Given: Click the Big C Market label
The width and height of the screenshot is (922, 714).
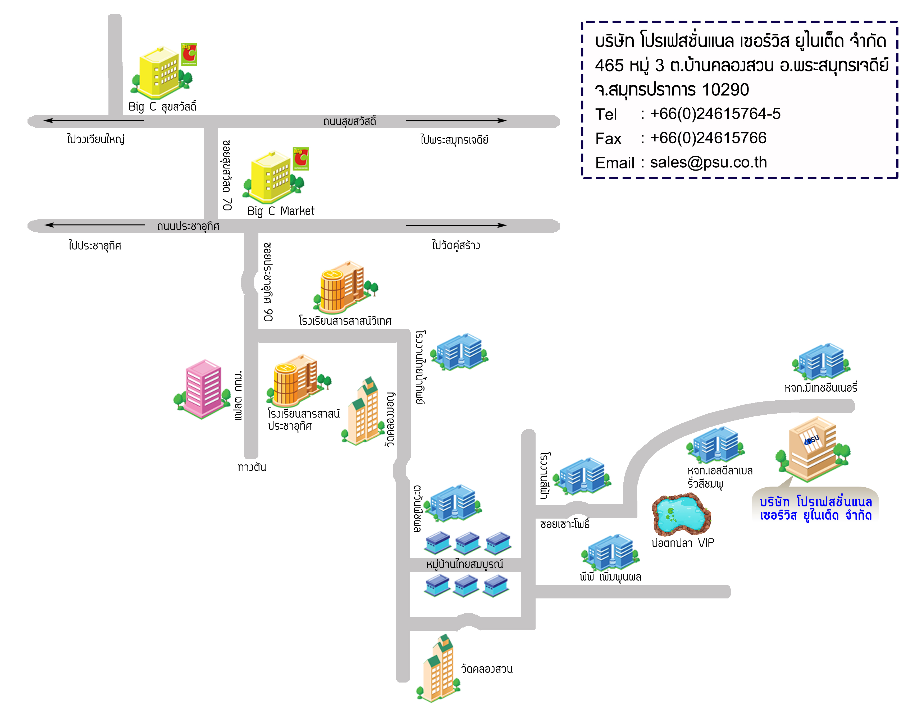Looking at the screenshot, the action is tap(281, 211).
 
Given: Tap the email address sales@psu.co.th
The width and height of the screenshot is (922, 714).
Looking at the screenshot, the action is tap(708, 162).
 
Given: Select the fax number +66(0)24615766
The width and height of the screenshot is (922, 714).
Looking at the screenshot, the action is tap(708, 138).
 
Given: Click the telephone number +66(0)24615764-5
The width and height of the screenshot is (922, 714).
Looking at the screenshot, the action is tap(715, 114).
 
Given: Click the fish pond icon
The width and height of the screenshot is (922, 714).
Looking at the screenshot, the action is tap(681, 514).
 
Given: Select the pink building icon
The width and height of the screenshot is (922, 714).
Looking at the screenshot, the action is tap(202, 389).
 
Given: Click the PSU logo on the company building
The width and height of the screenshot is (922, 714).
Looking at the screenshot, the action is tap(812, 440).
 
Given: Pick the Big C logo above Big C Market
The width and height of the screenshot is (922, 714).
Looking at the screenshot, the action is tap(301, 159).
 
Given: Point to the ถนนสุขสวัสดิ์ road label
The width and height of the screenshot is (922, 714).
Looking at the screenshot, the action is tap(350, 122).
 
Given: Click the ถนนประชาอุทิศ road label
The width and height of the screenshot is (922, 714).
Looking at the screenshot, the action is tap(188, 227).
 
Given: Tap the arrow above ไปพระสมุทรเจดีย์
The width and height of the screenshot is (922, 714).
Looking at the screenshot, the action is tap(456, 121).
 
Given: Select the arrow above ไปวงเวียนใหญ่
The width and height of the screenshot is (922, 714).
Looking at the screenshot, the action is tap(94, 121).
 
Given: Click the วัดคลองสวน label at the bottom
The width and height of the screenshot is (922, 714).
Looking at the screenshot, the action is tap(487, 669).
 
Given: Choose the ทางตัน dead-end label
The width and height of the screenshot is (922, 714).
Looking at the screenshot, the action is tap(252, 467).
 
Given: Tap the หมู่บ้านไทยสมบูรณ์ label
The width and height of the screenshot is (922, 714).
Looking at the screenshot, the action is tap(464, 564).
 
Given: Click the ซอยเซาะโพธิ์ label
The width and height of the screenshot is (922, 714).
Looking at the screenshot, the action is tap(565, 524).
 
